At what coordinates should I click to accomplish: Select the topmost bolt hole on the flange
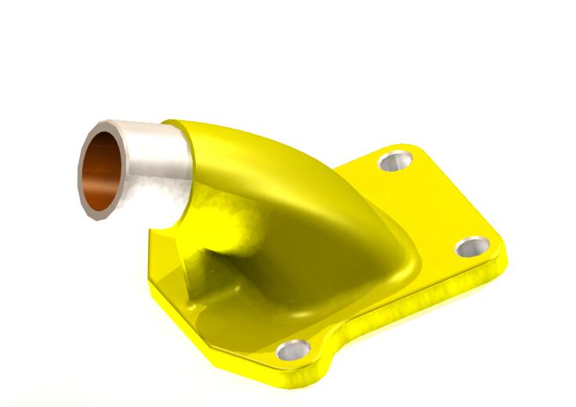396,162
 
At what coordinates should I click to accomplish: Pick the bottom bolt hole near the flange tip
295,352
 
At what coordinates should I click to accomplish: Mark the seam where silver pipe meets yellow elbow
187,154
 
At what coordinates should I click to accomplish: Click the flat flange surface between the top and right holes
439,204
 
